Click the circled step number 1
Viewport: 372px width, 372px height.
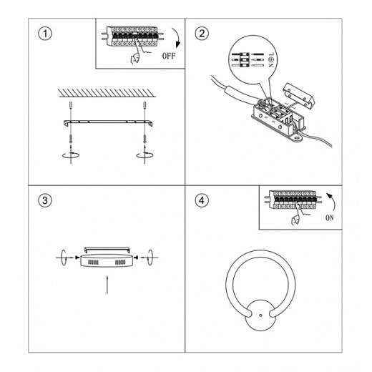coord(45,34)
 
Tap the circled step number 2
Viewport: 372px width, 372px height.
coord(202,34)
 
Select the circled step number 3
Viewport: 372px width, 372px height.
coord(45,200)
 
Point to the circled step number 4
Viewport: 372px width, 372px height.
coord(202,200)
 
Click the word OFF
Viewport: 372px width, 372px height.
coord(169,56)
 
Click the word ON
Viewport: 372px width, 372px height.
coord(330,217)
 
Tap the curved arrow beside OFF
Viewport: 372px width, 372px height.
coord(177,38)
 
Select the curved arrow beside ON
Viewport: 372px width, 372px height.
coord(331,202)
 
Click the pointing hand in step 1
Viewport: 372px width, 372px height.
coord(137,54)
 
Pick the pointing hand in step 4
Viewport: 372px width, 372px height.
coord(297,215)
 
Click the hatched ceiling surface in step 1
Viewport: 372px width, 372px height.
coord(107,93)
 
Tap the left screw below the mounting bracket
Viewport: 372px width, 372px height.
coord(71,139)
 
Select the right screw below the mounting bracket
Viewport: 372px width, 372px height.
coord(145,139)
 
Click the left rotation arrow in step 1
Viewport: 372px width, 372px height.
coord(71,155)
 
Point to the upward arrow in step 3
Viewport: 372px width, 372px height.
coord(107,285)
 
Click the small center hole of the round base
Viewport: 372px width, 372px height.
coord(260,315)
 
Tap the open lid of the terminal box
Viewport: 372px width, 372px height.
coord(298,95)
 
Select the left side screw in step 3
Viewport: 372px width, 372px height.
coord(77,258)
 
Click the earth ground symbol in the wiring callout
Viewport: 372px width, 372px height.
coord(271,59)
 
